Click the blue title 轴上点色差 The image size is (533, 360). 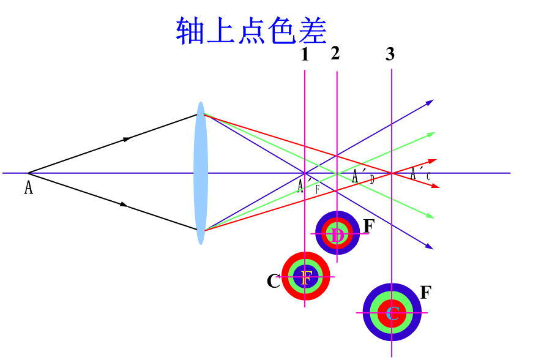coord(252,31)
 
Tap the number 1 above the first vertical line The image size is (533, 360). coord(305,55)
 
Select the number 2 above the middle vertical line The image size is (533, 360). coord(335,53)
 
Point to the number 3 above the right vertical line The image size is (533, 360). coord(390,55)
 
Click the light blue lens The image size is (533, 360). coord(201,173)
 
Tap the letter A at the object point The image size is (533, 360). coord(28,187)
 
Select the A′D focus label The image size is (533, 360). coord(363,177)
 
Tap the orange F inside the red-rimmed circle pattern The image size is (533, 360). coord(306,276)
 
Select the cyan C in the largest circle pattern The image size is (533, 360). coord(393,313)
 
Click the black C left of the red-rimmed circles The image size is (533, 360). coord(273,282)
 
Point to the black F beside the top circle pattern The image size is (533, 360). coord(368,226)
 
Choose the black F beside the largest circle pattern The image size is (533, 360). coord(426,292)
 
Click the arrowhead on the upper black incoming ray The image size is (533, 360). coord(127,139)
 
